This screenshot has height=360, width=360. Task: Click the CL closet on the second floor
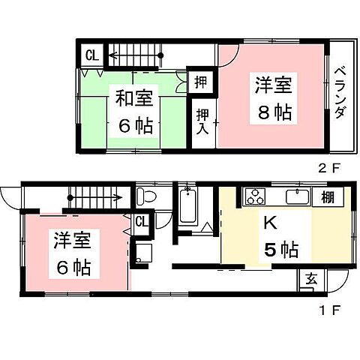[91, 55]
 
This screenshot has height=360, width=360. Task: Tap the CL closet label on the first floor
[141, 221]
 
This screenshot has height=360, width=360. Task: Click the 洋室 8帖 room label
[273, 99]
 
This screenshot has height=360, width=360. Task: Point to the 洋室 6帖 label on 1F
[72, 253]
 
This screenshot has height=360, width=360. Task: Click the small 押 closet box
[201, 80]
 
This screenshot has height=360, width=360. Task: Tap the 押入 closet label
[202, 121]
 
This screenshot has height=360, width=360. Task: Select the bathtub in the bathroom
[188, 204]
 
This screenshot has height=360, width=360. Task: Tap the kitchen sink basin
[298, 197]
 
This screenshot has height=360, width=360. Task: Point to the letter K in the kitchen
[268, 223]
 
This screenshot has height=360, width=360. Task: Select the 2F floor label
[330, 169]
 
